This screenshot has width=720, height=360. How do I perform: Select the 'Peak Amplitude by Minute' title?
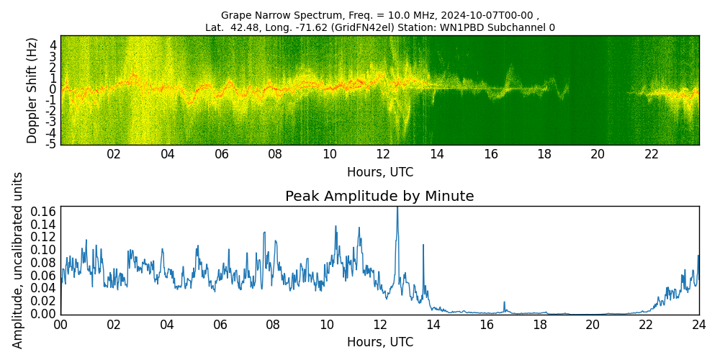379,197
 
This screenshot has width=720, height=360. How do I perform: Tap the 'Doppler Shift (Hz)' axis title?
32,90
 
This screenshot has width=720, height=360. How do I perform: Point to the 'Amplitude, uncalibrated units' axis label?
19,260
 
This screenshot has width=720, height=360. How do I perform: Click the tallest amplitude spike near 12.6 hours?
397,209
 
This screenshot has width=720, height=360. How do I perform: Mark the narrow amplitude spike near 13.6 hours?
423,246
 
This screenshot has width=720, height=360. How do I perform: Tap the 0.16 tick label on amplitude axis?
43,211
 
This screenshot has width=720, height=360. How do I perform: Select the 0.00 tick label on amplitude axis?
43,314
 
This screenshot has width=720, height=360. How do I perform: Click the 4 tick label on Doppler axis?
53,45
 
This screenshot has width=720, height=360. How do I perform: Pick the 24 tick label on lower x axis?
698,325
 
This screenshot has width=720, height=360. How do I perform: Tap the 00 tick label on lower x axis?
60,325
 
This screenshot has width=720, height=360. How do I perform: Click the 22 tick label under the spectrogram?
652,154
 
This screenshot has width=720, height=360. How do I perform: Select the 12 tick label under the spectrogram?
383,154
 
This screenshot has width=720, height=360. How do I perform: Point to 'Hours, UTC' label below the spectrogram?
379,172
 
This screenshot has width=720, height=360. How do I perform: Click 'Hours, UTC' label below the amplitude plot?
379,342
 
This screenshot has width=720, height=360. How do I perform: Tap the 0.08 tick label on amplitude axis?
43,263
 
